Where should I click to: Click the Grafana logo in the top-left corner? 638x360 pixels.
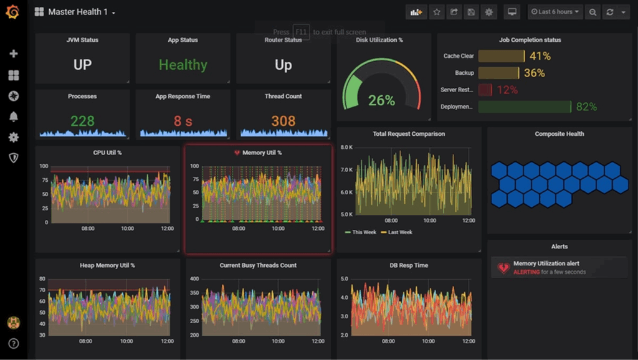tap(12, 12)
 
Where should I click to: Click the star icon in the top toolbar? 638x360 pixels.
tap(437, 12)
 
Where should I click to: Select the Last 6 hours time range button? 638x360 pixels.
tap(554, 12)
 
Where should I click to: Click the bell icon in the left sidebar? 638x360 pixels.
tap(13, 116)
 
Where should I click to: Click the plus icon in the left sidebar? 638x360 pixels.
tap(13, 54)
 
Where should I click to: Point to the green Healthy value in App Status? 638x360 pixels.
tap(183, 65)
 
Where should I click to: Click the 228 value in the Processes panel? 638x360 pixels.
tap(82, 121)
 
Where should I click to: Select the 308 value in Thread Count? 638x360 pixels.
tap(283, 121)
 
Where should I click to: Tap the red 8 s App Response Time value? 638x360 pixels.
tap(183, 121)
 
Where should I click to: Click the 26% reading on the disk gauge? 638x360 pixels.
tap(381, 100)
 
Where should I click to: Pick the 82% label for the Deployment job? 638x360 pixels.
tap(586, 107)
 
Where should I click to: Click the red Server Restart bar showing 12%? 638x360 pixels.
tap(485, 90)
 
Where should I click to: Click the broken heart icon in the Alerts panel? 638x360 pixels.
tap(503, 268)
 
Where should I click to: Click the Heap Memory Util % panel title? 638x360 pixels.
tap(107, 265)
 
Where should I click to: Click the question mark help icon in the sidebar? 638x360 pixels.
tap(13, 343)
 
